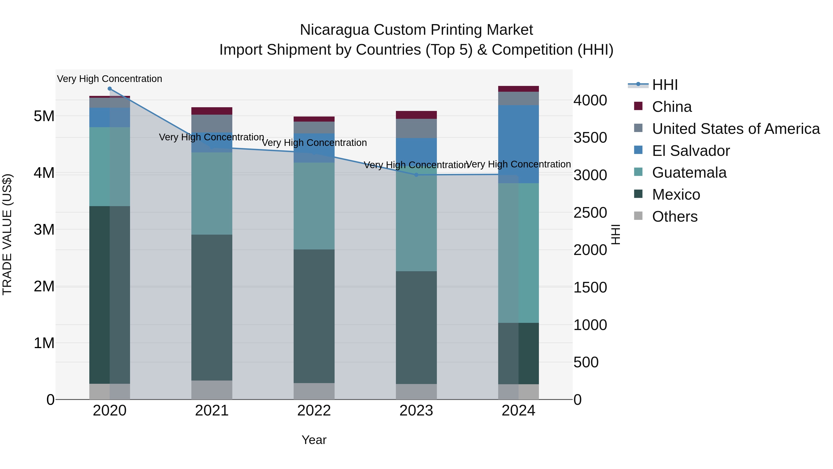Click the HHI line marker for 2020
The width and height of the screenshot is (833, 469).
tap(110, 89)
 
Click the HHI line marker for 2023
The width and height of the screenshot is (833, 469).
tap(416, 175)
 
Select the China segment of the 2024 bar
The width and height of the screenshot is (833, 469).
tap(518, 89)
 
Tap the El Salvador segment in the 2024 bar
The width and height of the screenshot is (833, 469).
tap(518, 144)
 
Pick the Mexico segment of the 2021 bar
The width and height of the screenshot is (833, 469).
tap(212, 308)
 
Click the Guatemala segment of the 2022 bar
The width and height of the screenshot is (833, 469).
tap(314, 206)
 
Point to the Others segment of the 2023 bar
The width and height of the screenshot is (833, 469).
tap(416, 392)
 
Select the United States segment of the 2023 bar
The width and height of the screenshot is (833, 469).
tap(416, 129)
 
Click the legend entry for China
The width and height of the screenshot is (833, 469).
tap(672, 107)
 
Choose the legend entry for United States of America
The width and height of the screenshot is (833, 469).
tap(736, 129)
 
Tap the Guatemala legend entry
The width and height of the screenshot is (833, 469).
tap(689, 173)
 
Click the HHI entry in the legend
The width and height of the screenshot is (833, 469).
tap(665, 85)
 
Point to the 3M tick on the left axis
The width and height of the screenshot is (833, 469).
tap(44, 230)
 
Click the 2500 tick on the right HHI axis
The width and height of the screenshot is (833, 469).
tap(590, 213)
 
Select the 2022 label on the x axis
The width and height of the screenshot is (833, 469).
tap(314, 411)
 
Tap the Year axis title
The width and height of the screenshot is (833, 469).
tap(314, 440)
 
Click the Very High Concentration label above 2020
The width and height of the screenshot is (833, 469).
tap(110, 79)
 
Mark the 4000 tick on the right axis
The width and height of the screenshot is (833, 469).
tap(590, 100)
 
